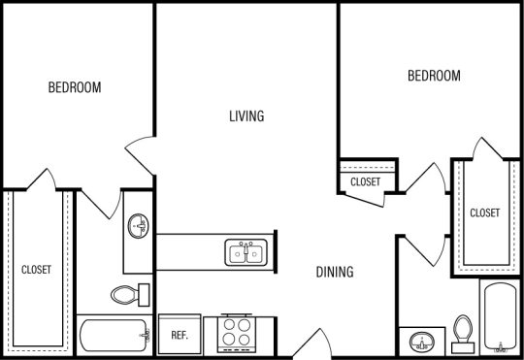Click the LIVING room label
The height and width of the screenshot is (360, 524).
pos(246,116)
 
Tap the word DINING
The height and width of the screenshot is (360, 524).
pos(333,273)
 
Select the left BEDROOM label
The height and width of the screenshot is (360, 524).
pos(75,87)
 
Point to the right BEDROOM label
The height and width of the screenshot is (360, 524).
pos(434,76)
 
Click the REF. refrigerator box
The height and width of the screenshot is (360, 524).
pos(179,335)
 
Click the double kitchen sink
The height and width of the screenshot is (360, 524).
pos(247,253)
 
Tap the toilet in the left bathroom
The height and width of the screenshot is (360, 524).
pos(129,293)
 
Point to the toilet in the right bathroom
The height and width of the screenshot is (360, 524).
pos(463,330)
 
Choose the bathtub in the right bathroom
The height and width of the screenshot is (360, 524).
pos(500,316)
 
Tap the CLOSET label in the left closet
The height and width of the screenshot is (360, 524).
pos(37,269)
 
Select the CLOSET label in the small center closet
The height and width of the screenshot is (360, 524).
pos(366,181)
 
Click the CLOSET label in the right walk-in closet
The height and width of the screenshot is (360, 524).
pos(484,213)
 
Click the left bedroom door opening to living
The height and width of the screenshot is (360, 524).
pos(139,156)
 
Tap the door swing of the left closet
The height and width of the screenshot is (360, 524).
pos(42,180)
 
